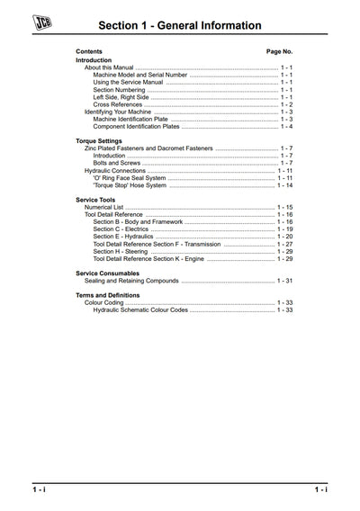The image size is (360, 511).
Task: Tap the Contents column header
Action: point(89,52)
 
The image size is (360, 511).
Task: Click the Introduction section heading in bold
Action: point(94,60)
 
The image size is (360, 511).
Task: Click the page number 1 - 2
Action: point(286,104)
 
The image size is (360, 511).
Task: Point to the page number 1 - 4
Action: point(286,126)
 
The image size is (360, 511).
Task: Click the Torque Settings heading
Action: point(99,141)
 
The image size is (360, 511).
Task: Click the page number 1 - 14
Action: point(285,184)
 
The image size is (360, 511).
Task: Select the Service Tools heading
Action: point(95,200)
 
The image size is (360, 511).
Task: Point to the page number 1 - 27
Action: point(285,244)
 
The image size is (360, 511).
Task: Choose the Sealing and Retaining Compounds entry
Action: point(133,281)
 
